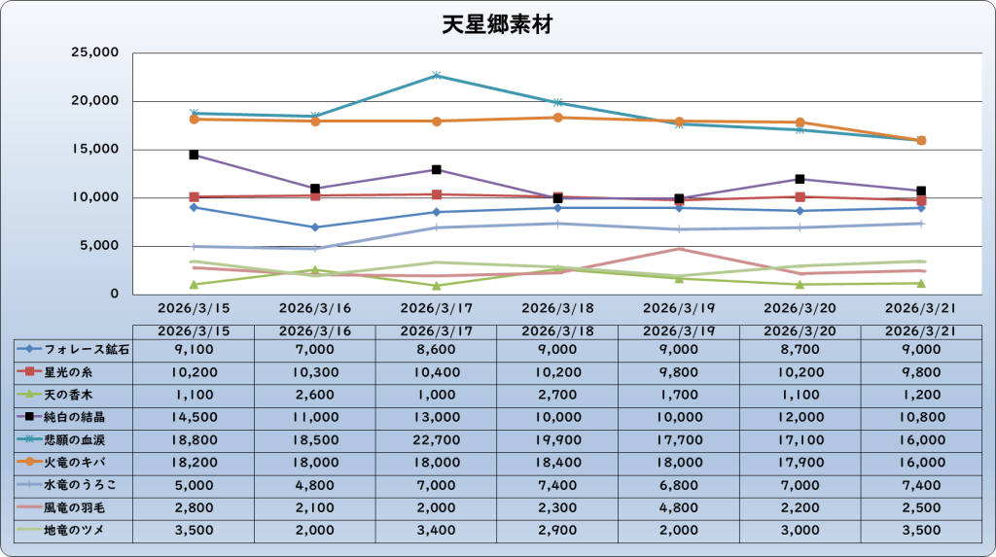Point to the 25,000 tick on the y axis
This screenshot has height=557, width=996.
click(x=94, y=52)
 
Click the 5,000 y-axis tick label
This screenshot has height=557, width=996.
click(x=98, y=246)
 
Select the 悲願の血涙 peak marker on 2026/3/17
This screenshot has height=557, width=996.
click(x=436, y=75)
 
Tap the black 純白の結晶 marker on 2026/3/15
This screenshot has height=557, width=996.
click(x=194, y=155)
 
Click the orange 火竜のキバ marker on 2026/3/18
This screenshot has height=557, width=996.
click(x=557, y=118)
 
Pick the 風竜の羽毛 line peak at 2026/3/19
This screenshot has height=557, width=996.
click(x=679, y=249)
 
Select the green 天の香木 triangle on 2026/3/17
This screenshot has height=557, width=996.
click(x=436, y=286)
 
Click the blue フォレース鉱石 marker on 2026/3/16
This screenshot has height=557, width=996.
click(x=315, y=227)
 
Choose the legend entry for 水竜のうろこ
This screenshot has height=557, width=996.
click(x=72, y=484)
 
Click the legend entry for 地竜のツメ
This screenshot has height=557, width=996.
click(x=72, y=529)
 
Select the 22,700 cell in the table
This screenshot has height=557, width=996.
click(x=436, y=438)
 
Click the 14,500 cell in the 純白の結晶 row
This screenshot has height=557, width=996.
click(x=194, y=416)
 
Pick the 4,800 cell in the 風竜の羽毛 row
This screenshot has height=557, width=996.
click(x=679, y=506)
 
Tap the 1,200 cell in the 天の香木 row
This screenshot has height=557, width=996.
click(x=921, y=394)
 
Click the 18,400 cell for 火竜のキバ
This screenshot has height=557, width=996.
click(x=557, y=462)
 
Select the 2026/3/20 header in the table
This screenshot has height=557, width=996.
click(x=800, y=331)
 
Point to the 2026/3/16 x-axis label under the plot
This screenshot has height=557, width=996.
click(x=315, y=308)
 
